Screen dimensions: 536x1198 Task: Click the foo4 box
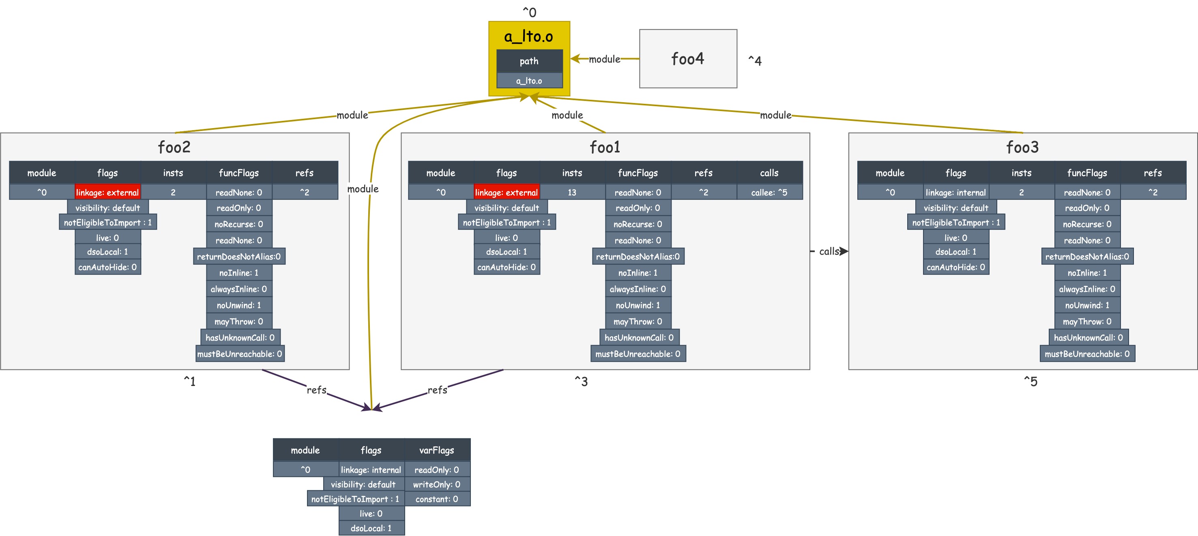click(x=687, y=58)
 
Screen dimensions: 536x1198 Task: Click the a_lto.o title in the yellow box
click(x=528, y=36)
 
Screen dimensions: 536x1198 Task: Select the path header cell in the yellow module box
click(x=529, y=61)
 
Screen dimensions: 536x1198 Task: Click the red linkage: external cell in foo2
click(x=107, y=192)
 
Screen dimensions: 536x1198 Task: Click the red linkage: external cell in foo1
click(x=506, y=192)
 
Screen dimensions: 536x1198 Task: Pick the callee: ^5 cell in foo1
click(x=769, y=192)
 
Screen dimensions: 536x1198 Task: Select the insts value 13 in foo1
click(x=571, y=192)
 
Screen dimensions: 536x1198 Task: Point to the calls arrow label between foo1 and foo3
click(x=829, y=251)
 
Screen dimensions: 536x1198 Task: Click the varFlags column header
click(x=436, y=450)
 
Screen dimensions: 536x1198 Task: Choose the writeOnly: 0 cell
click(x=436, y=484)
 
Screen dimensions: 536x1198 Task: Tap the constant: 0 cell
click(x=436, y=499)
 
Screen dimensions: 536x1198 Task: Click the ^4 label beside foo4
click(x=754, y=60)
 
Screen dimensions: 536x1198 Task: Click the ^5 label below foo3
click(x=1030, y=381)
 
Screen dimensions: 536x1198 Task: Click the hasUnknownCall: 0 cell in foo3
click(x=1088, y=337)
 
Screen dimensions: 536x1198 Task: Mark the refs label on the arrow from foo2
click(x=316, y=390)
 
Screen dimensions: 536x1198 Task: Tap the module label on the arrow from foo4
click(x=604, y=59)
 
